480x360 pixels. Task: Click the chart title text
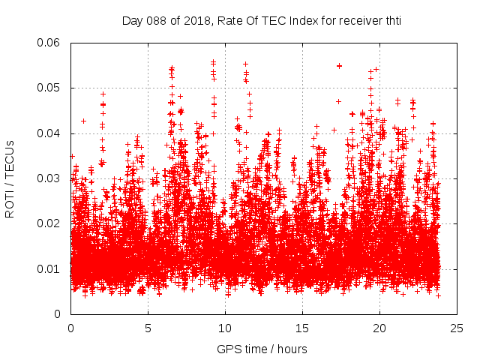(x=262, y=20)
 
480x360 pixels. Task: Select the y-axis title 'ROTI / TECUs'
(x=10, y=178)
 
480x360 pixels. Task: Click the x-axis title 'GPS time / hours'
(x=262, y=349)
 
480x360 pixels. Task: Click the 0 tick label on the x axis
(x=71, y=328)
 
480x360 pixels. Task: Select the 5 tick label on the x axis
(x=148, y=328)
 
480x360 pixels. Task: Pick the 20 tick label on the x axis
(x=380, y=328)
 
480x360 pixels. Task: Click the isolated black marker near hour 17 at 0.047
(x=338, y=101)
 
